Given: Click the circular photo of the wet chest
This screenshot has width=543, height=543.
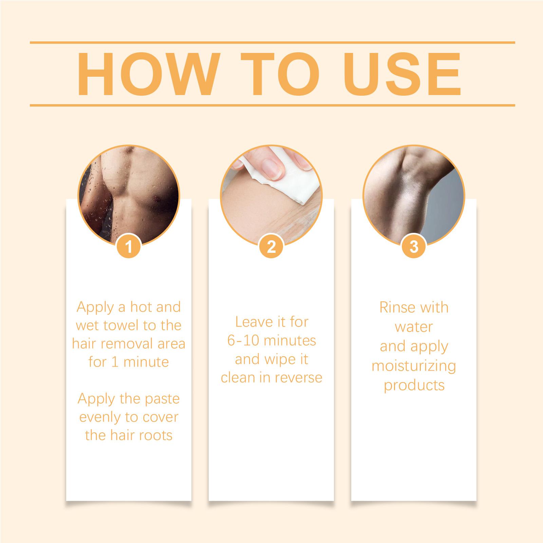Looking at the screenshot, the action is coord(129,195).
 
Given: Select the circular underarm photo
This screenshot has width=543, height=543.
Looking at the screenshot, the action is coord(414,195).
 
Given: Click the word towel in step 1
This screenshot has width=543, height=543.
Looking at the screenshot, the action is coord(122,325).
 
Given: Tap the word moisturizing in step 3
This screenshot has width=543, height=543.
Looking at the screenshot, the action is coord(414,367).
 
